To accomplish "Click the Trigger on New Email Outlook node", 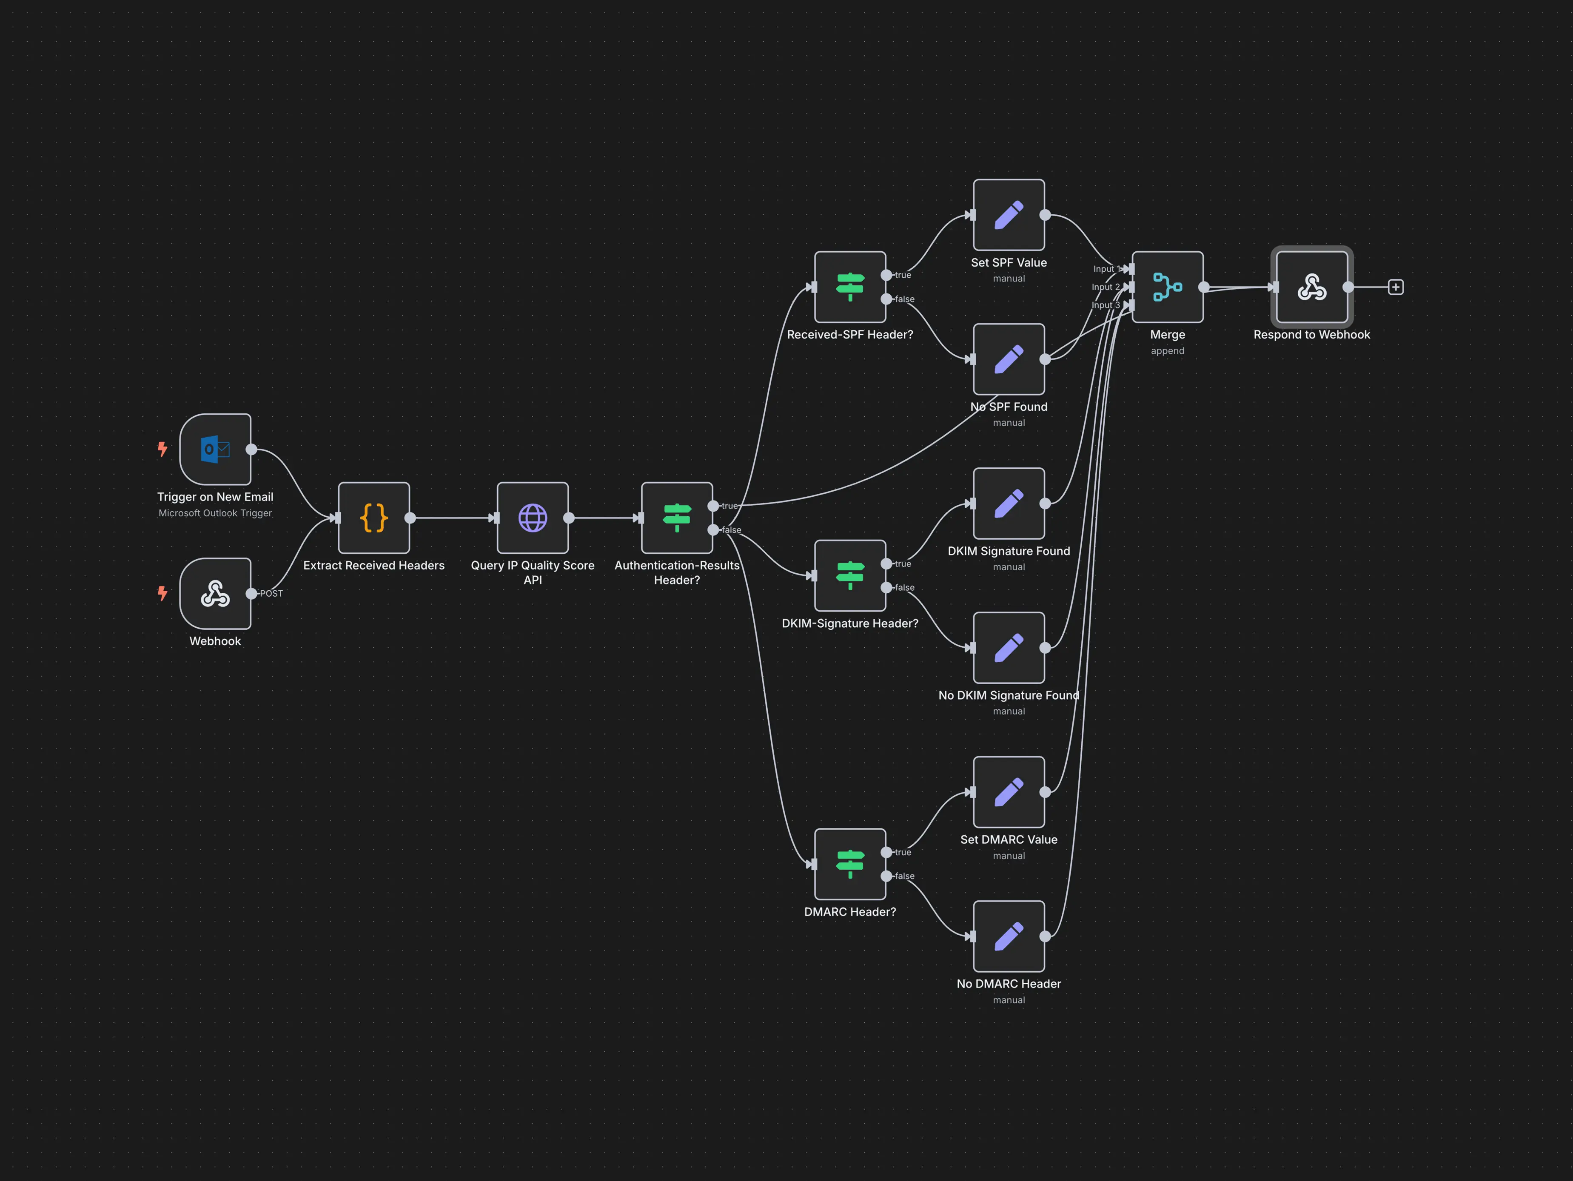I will pyautogui.click(x=216, y=450).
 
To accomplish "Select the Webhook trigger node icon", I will pyautogui.click(x=216, y=594).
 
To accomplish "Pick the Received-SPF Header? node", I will pyautogui.click(x=850, y=287).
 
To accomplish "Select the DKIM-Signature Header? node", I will pyautogui.click(x=850, y=576).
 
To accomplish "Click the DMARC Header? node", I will pyautogui.click(x=850, y=864).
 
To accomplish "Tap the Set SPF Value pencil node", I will pyautogui.click(x=1009, y=215).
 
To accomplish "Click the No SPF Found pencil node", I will pyautogui.click(x=1009, y=359).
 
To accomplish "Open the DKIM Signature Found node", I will pyautogui.click(x=1009, y=504).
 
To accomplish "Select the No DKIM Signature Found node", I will pyautogui.click(x=1009, y=648).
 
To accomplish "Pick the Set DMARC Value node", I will pyautogui.click(x=1009, y=792).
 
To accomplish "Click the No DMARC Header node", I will pyautogui.click(x=1009, y=936).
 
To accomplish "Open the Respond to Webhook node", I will pyautogui.click(x=1312, y=287).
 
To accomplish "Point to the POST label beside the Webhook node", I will pyautogui.click(x=272, y=594).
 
